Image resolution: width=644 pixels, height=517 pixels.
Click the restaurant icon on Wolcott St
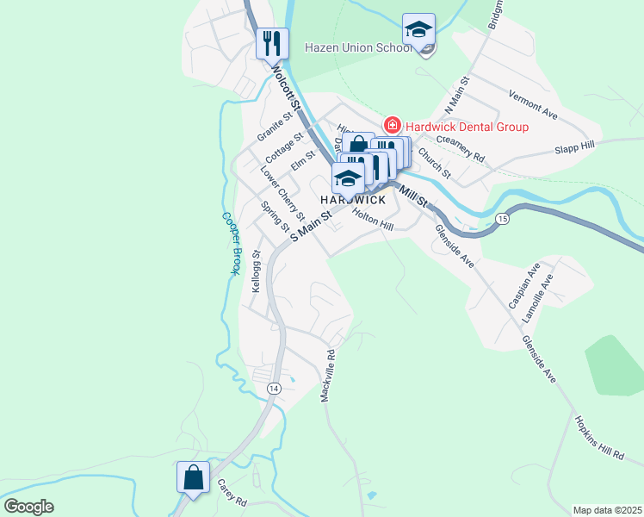coord(272,42)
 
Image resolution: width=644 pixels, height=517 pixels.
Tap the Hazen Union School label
coord(357,47)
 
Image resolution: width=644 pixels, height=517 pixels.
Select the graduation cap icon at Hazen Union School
coord(418,29)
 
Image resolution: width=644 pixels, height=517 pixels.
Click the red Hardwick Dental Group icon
coord(393,126)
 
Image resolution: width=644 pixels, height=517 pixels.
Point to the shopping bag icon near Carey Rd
coord(193,477)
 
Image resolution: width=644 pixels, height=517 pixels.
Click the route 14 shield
coord(273,389)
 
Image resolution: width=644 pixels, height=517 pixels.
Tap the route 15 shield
coord(502,220)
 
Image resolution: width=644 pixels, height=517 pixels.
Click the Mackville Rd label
coord(326,376)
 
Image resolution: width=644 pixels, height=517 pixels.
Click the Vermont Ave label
coord(534,102)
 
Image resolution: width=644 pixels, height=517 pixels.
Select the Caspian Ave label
coord(523,286)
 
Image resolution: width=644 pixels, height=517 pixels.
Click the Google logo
coord(28,507)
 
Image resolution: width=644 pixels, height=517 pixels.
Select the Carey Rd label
coord(232,493)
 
